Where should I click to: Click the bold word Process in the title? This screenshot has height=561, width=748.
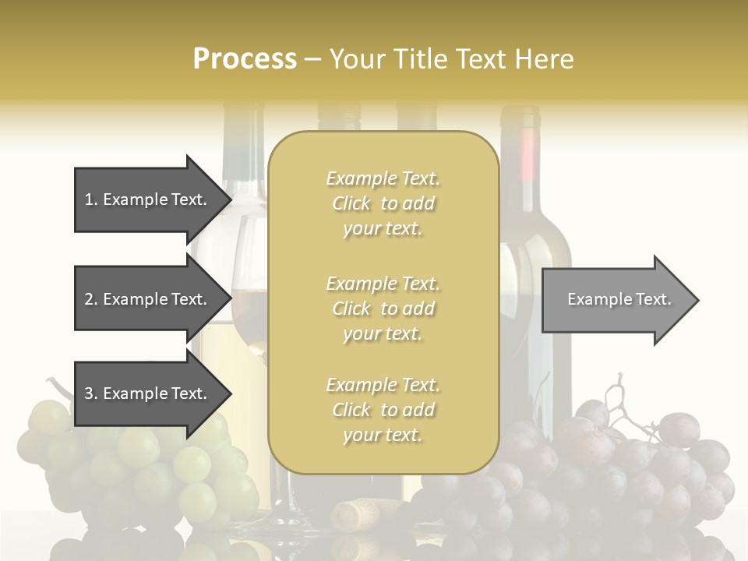point(245,59)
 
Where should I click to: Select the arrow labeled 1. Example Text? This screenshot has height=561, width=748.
point(148,199)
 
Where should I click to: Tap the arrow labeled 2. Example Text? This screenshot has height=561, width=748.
point(148,299)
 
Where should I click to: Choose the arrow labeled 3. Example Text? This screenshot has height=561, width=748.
point(148,393)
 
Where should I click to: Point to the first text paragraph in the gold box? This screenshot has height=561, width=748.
point(383,203)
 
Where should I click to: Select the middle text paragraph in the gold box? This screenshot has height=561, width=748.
point(383,309)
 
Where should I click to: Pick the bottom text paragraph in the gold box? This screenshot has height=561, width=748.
point(383,410)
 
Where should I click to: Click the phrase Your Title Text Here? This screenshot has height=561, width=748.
point(451,59)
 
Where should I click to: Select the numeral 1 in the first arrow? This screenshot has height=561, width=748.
point(89,199)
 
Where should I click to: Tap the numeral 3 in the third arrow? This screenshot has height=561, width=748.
point(89,393)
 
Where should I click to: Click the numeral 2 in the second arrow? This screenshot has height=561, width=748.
point(89,299)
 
